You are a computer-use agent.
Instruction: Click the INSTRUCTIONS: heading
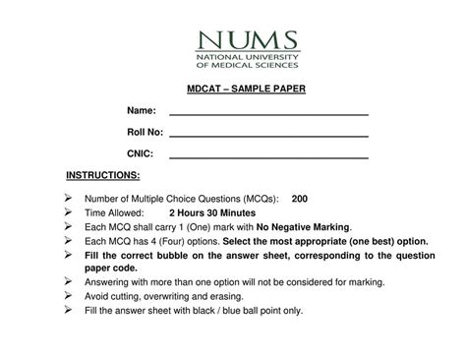pyautogui.click(x=103, y=176)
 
